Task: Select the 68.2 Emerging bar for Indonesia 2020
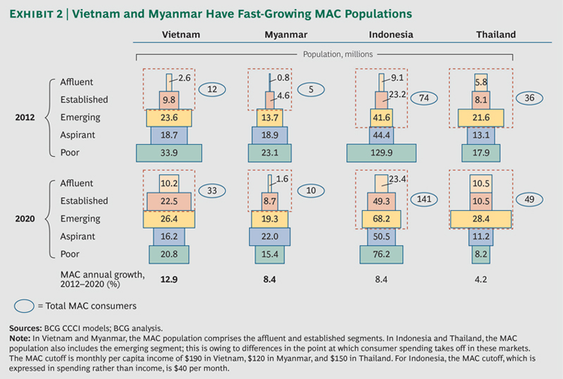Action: [x=379, y=218]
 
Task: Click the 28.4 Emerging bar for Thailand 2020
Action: [x=481, y=218]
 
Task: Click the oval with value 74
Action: [x=425, y=99]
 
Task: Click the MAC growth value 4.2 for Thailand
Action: [x=481, y=280]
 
